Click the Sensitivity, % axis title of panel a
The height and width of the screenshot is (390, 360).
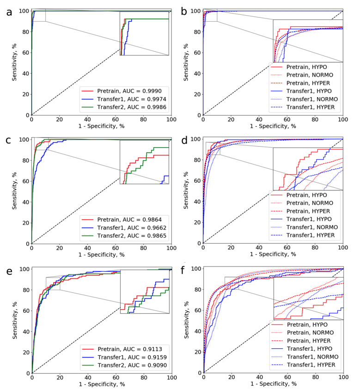point(15,62)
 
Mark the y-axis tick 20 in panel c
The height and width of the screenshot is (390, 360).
point(26,223)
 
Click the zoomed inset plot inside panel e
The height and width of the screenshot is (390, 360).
point(144,291)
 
